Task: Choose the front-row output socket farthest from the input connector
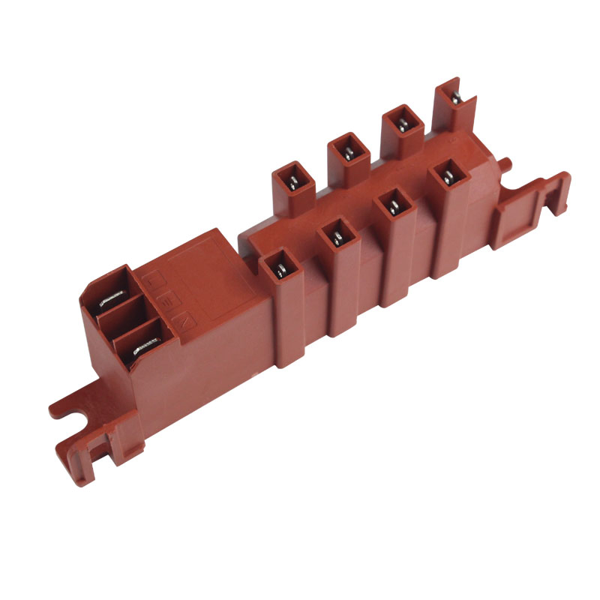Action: tap(448, 175)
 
